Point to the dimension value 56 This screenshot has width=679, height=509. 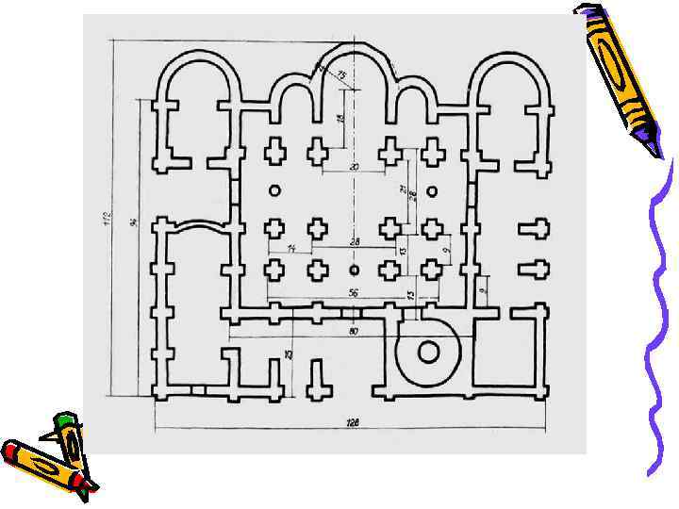(x=353, y=293)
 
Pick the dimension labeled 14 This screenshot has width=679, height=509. (x=291, y=247)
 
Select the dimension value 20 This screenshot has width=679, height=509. (x=354, y=167)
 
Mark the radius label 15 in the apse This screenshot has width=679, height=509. (x=340, y=74)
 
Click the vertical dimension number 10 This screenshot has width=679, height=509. (x=289, y=354)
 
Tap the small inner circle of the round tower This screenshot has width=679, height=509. (x=428, y=353)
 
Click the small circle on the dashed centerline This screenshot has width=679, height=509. (x=355, y=271)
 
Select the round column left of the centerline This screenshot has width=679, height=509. (x=275, y=190)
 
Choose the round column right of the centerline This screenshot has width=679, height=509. (x=432, y=191)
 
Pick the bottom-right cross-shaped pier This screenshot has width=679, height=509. (x=432, y=270)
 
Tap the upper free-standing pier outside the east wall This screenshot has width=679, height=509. (x=534, y=229)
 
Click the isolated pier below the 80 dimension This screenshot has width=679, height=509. (x=319, y=379)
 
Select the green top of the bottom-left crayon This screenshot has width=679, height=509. (x=65, y=419)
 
